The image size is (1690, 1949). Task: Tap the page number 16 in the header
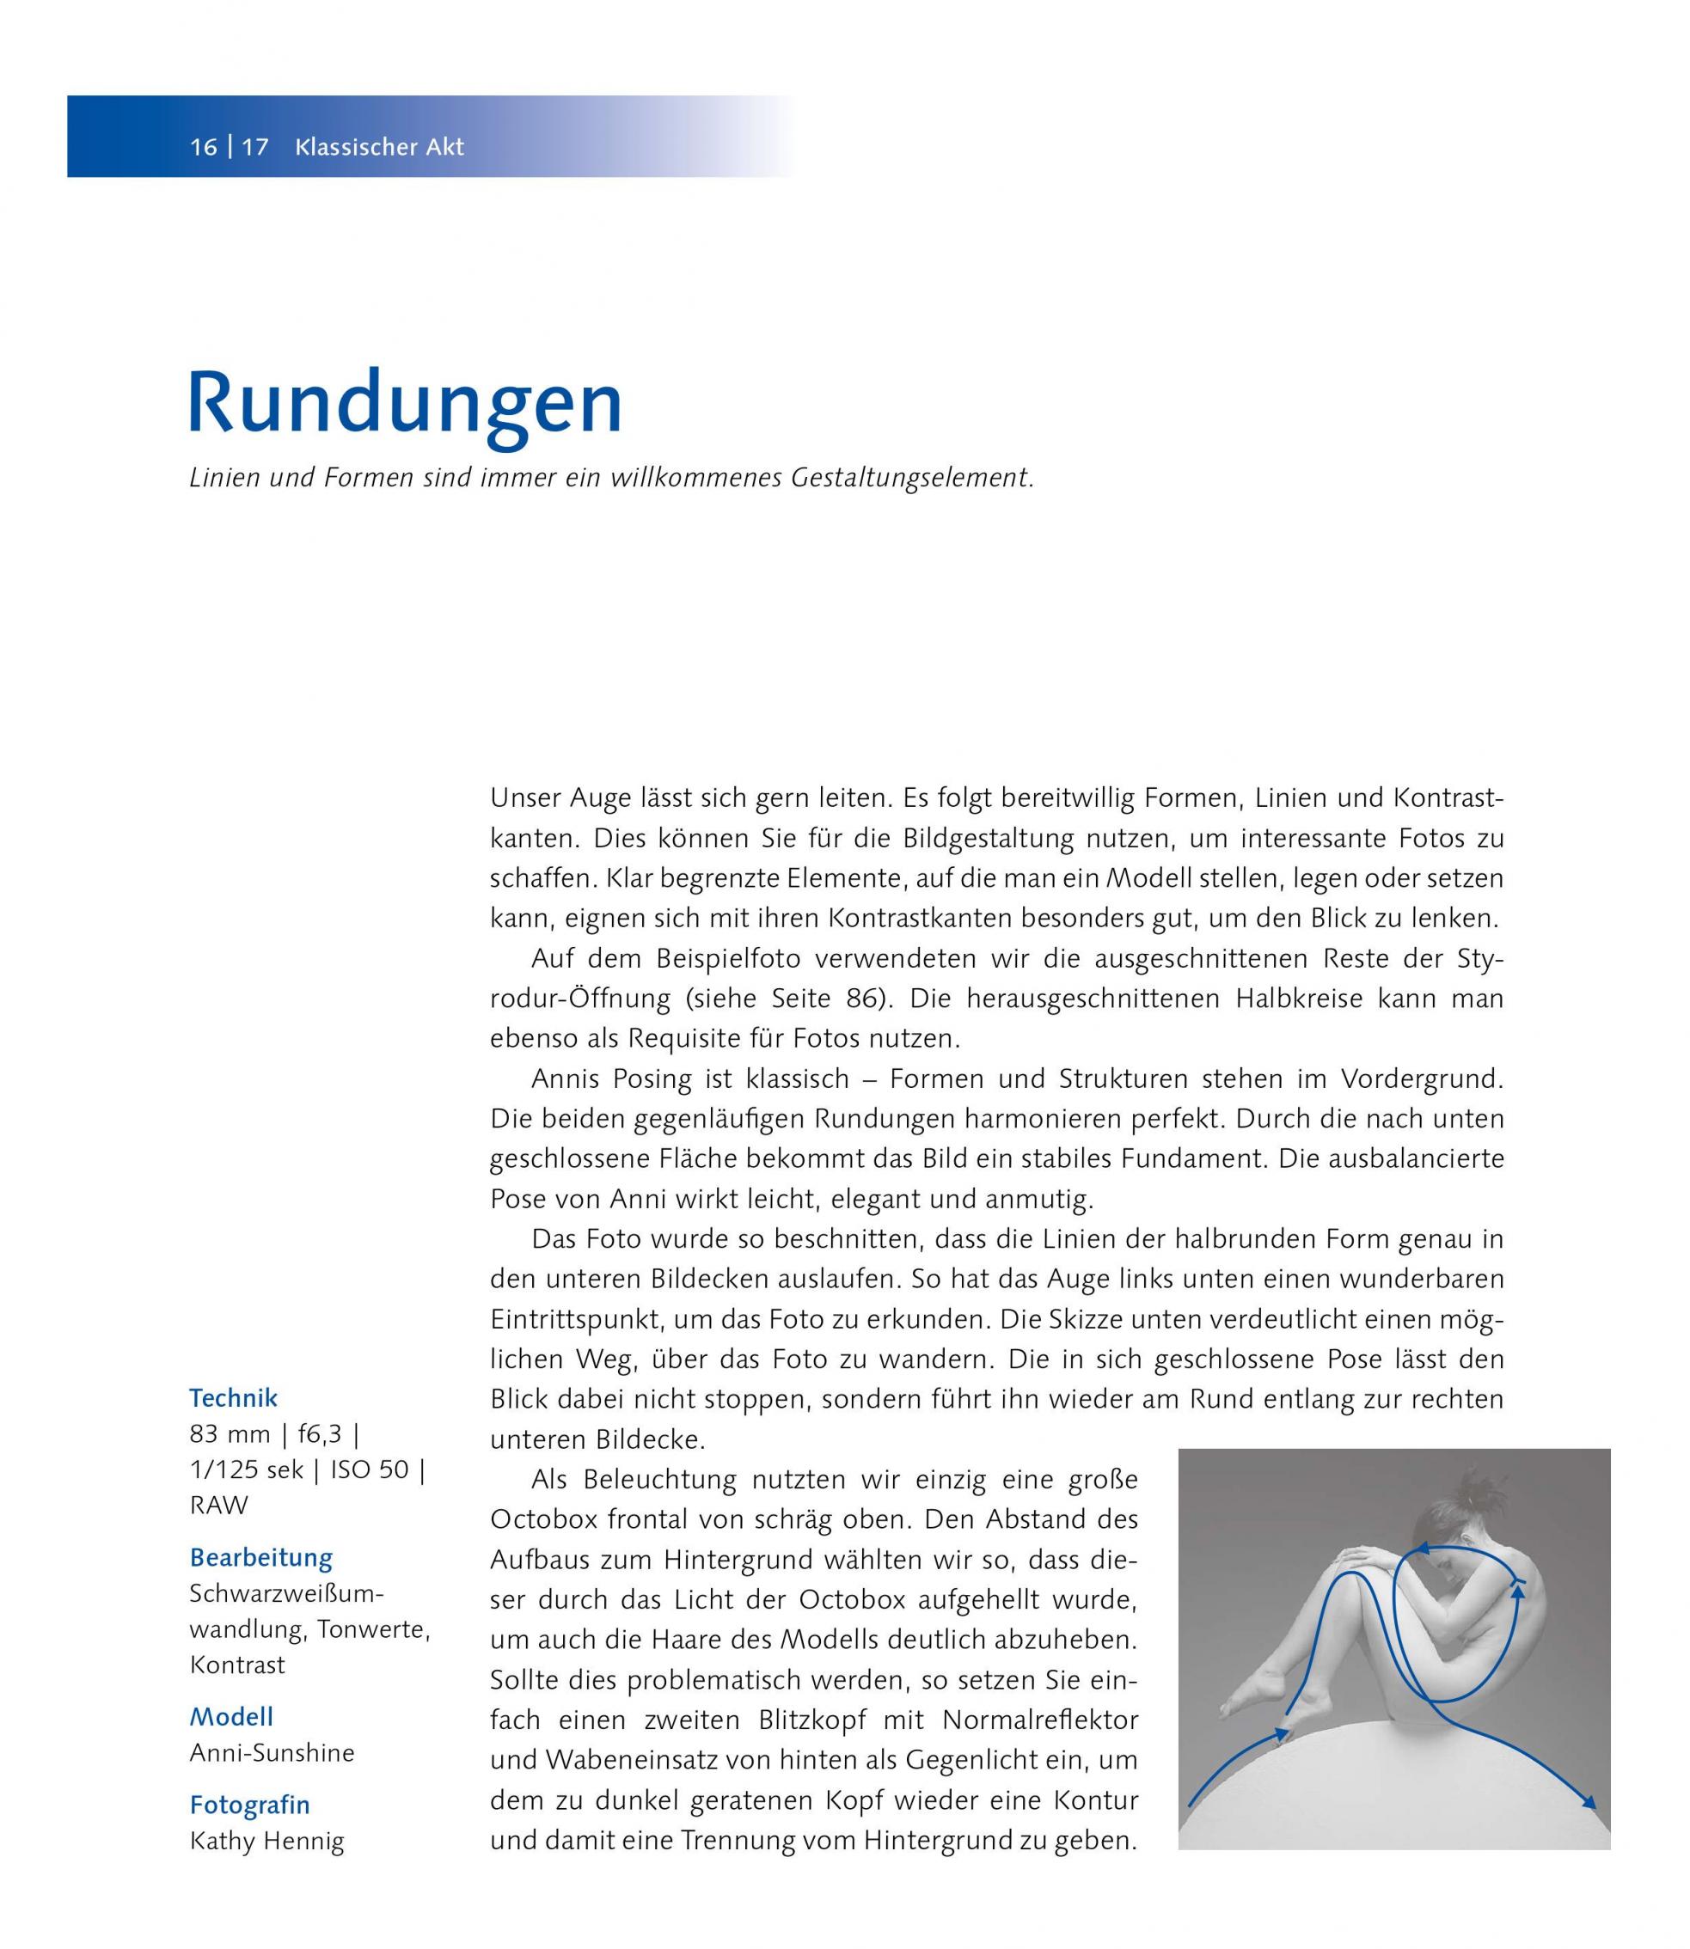[203, 147]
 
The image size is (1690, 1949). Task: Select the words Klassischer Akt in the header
[379, 147]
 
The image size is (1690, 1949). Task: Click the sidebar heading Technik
[233, 1397]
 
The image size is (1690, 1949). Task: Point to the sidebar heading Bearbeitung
[261, 1558]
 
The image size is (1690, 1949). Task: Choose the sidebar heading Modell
[231, 1717]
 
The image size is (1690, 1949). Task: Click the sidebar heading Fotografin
[250, 1805]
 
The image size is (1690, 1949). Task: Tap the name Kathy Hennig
[266, 1840]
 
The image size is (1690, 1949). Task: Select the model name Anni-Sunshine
[272, 1753]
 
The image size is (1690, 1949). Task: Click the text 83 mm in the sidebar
[230, 1434]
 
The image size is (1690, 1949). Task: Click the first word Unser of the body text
[524, 797]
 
